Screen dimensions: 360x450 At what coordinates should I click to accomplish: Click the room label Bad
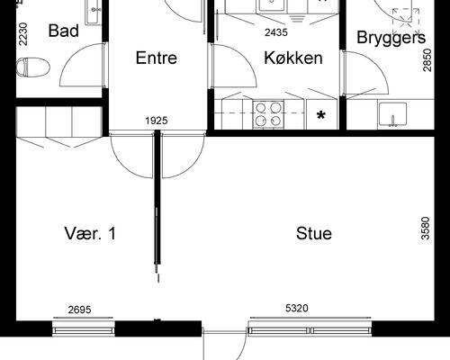click(63, 31)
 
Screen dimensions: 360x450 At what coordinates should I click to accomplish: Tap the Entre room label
click(156, 58)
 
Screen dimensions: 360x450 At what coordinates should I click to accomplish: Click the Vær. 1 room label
click(90, 234)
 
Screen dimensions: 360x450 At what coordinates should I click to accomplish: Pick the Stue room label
click(314, 234)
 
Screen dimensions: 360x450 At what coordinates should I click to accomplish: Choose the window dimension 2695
click(81, 310)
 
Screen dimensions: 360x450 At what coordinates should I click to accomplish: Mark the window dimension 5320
click(297, 310)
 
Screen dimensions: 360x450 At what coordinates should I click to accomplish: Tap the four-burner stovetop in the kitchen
click(266, 113)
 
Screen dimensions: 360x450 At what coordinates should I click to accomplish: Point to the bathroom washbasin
click(94, 11)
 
